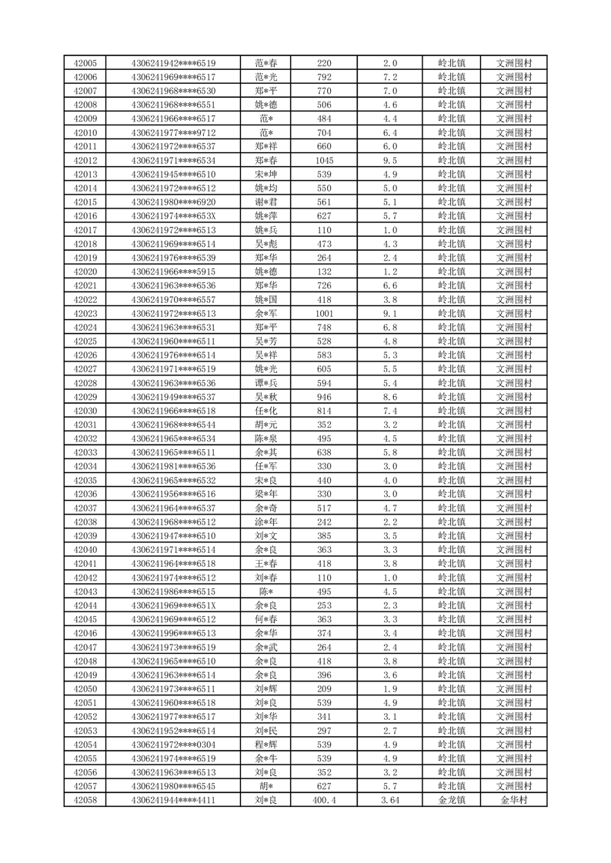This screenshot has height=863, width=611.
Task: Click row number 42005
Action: [x=85, y=63]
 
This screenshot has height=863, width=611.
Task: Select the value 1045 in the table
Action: [x=324, y=161]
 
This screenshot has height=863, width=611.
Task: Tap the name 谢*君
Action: [x=266, y=202]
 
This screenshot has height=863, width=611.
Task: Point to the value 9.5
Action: [x=389, y=161]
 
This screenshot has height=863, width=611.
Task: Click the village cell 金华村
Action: [x=513, y=801]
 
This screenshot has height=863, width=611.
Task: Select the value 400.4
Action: [x=324, y=801]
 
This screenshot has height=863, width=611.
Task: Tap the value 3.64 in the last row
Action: [x=389, y=801]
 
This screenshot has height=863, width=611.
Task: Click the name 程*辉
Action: [x=266, y=745]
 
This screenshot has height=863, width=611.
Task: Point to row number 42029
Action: [x=85, y=397]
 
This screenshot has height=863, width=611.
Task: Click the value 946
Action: [x=324, y=397]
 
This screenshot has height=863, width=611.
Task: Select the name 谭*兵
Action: [x=266, y=383]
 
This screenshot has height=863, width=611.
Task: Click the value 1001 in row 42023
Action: [x=324, y=314]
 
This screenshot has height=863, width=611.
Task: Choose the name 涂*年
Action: [x=266, y=522]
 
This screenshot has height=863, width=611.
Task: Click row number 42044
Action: [x=85, y=606]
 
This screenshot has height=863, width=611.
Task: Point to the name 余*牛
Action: [x=266, y=759]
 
